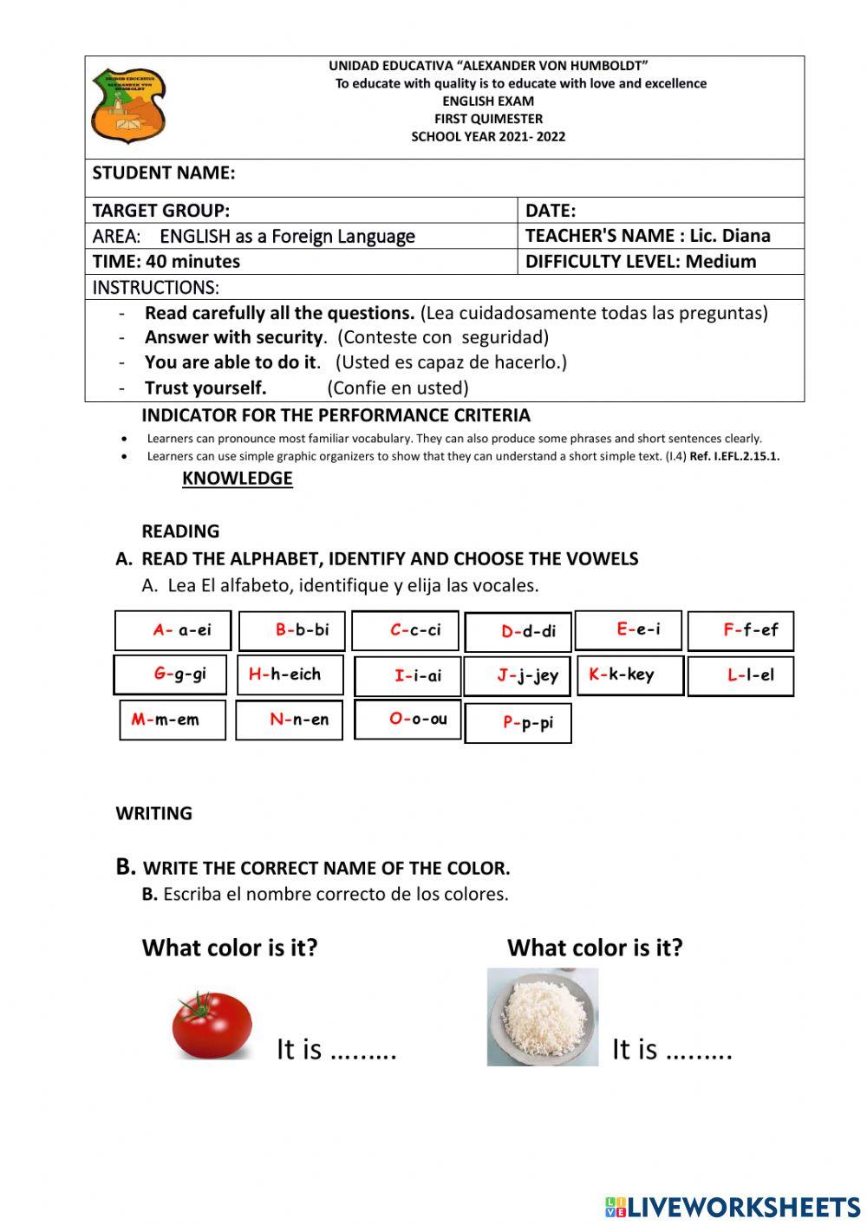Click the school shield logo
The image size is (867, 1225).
click(x=127, y=106)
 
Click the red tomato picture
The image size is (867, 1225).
click(x=212, y=1026)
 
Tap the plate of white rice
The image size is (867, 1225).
click(x=543, y=1017)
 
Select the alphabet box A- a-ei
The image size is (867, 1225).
click(x=173, y=630)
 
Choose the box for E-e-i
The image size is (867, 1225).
click(x=629, y=629)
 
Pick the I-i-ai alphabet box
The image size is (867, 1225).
click(x=407, y=676)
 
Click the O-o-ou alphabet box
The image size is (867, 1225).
click(x=407, y=719)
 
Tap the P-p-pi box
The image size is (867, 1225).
click(x=518, y=723)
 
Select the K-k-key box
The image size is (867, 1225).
click(x=630, y=675)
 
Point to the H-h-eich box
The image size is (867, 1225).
click(x=290, y=674)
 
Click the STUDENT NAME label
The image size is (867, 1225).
click(x=164, y=173)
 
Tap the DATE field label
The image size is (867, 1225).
click(x=551, y=211)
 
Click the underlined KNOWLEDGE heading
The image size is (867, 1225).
click(x=237, y=479)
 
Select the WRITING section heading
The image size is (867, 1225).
click(x=154, y=813)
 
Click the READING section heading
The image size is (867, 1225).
click(x=180, y=531)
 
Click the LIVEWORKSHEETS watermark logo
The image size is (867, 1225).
click(x=733, y=1207)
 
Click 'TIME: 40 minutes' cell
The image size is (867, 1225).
click(x=166, y=262)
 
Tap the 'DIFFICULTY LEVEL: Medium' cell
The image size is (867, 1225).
click(x=641, y=262)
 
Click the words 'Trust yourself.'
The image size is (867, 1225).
click(x=205, y=388)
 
